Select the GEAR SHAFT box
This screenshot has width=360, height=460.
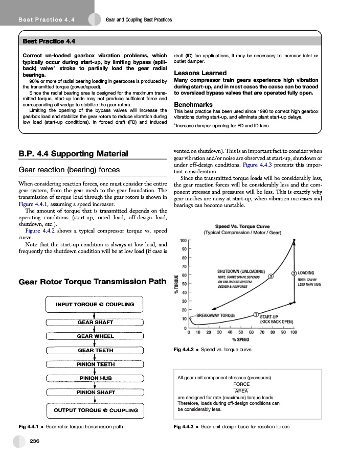(x=95, y=323)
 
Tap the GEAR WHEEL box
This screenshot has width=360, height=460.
(x=95, y=336)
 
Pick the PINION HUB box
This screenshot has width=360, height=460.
(x=95, y=378)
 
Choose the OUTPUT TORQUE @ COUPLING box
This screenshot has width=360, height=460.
(x=95, y=410)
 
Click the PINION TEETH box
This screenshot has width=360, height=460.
(x=95, y=364)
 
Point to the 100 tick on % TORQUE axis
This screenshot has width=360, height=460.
(x=183, y=241)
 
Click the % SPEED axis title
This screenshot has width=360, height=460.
(x=240, y=339)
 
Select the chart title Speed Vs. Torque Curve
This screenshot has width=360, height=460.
(x=242, y=226)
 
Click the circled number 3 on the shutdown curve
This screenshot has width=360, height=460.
(x=271, y=277)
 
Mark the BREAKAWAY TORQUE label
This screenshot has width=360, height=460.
(x=216, y=315)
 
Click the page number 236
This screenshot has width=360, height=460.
(x=35, y=441)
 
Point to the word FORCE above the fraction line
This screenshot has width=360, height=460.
(x=241, y=384)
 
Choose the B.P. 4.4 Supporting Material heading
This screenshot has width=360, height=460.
(x=73, y=153)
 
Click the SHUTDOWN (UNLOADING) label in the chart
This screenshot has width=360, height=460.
(x=241, y=271)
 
